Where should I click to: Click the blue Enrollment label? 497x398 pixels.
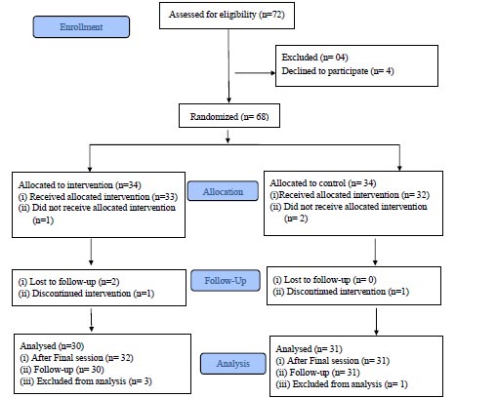point(81,27)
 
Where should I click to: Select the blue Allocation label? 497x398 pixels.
point(223,191)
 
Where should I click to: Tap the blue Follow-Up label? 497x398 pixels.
point(226,280)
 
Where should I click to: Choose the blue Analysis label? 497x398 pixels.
point(233,363)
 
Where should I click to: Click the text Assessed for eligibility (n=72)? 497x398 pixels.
point(227,15)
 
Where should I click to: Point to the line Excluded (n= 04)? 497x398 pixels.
point(314,58)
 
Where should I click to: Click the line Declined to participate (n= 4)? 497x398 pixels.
point(338,71)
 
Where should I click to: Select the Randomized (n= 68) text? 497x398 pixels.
point(229,116)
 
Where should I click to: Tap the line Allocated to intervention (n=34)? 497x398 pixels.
point(80,185)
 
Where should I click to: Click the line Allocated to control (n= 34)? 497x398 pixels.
point(323,183)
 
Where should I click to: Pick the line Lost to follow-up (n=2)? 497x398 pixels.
point(68,282)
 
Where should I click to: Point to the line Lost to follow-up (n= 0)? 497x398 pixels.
point(324,280)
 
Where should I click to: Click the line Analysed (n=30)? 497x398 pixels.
point(52,346)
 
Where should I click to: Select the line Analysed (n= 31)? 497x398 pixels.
point(309,349)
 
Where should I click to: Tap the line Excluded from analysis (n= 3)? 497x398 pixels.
point(86,381)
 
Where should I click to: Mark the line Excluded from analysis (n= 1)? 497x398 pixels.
point(342,384)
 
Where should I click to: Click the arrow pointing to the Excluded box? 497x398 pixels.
point(255,73)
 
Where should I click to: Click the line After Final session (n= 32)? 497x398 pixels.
point(76,358)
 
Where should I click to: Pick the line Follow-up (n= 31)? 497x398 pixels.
point(317,373)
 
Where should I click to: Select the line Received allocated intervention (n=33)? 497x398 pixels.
point(98,197)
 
